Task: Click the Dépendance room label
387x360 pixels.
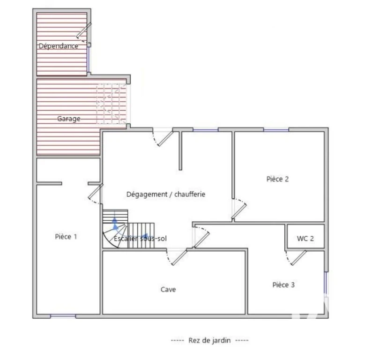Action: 59,46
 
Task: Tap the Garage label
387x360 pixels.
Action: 68,119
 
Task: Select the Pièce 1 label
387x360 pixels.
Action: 66,237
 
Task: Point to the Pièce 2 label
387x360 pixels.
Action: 277,179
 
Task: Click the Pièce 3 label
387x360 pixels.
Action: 283,285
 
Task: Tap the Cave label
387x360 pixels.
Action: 168,289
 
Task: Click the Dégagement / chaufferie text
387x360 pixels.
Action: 165,195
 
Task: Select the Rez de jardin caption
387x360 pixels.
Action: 209,340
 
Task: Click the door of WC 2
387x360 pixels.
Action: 298,258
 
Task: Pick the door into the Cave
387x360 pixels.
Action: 179,258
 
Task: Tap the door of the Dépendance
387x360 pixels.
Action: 84,31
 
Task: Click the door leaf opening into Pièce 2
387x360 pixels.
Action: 239,211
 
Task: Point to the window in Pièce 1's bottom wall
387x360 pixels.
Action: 63,316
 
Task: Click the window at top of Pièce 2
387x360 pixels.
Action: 276,130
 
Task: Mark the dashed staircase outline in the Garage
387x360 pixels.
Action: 112,104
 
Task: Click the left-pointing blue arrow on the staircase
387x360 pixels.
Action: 144,236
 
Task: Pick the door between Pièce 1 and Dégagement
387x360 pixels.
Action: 96,191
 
